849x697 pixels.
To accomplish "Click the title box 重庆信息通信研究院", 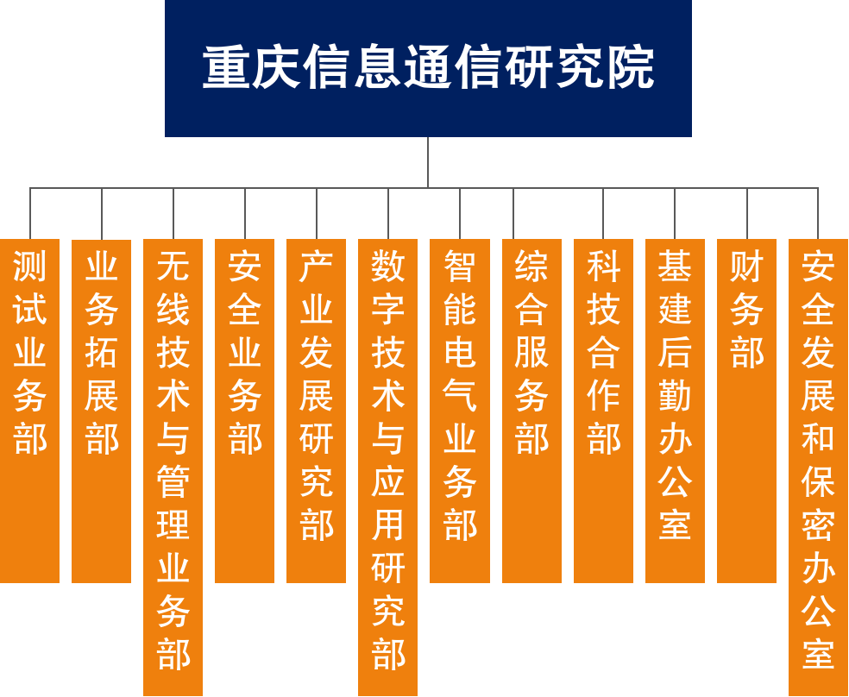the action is [x=428, y=68].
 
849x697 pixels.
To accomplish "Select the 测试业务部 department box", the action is [x=30, y=411].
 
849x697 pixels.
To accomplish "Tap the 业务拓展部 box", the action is [x=101, y=411].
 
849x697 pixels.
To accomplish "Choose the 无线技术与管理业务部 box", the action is [x=173, y=467].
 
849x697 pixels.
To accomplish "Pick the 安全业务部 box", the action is [x=245, y=411].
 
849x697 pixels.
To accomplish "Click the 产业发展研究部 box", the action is [x=316, y=411].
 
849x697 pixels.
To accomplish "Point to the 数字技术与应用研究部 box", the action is [x=387, y=467].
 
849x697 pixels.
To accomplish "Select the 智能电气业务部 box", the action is [x=460, y=411].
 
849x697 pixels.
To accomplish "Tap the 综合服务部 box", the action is [x=531, y=411].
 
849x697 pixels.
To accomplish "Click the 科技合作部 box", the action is [x=603, y=411].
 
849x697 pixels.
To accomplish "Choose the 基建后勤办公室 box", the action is [x=676, y=411].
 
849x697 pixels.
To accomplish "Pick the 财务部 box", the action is [x=746, y=411].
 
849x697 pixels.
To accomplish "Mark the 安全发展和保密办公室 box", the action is [x=818, y=467].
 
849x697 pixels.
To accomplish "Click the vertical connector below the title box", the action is [x=428, y=162].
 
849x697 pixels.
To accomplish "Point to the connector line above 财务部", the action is [x=747, y=213].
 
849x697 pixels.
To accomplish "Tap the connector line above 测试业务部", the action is [x=30, y=213].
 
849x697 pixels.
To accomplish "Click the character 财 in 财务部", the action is [x=746, y=266].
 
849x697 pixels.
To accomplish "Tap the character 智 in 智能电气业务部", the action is [x=460, y=266].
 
